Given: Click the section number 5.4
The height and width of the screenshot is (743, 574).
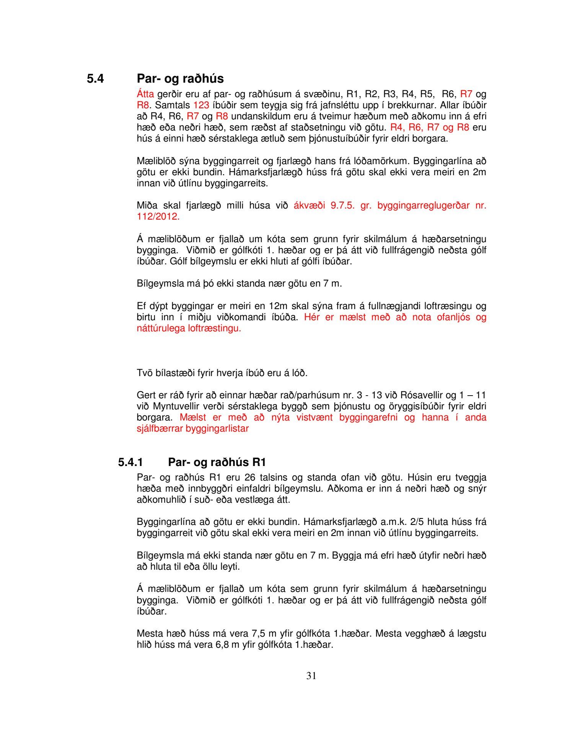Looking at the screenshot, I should pyautogui.click(x=95, y=79).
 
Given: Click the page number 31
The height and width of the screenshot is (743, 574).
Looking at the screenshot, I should pyautogui.click(x=311, y=676).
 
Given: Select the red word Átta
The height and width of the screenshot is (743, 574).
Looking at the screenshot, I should pyautogui.click(x=145, y=94).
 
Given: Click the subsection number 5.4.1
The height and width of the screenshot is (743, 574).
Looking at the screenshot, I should pyautogui.click(x=130, y=462).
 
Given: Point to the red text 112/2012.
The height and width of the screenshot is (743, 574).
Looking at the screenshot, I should pyautogui.click(x=158, y=217).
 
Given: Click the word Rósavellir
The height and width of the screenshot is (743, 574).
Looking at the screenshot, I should pyautogui.click(x=414, y=395).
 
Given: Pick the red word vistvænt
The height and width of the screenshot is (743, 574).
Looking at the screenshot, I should pyautogui.click(x=314, y=417).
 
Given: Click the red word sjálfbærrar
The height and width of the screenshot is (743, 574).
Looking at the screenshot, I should pyautogui.click(x=160, y=429).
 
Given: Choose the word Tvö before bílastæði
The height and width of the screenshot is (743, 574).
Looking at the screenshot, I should pyautogui.click(x=145, y=373).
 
